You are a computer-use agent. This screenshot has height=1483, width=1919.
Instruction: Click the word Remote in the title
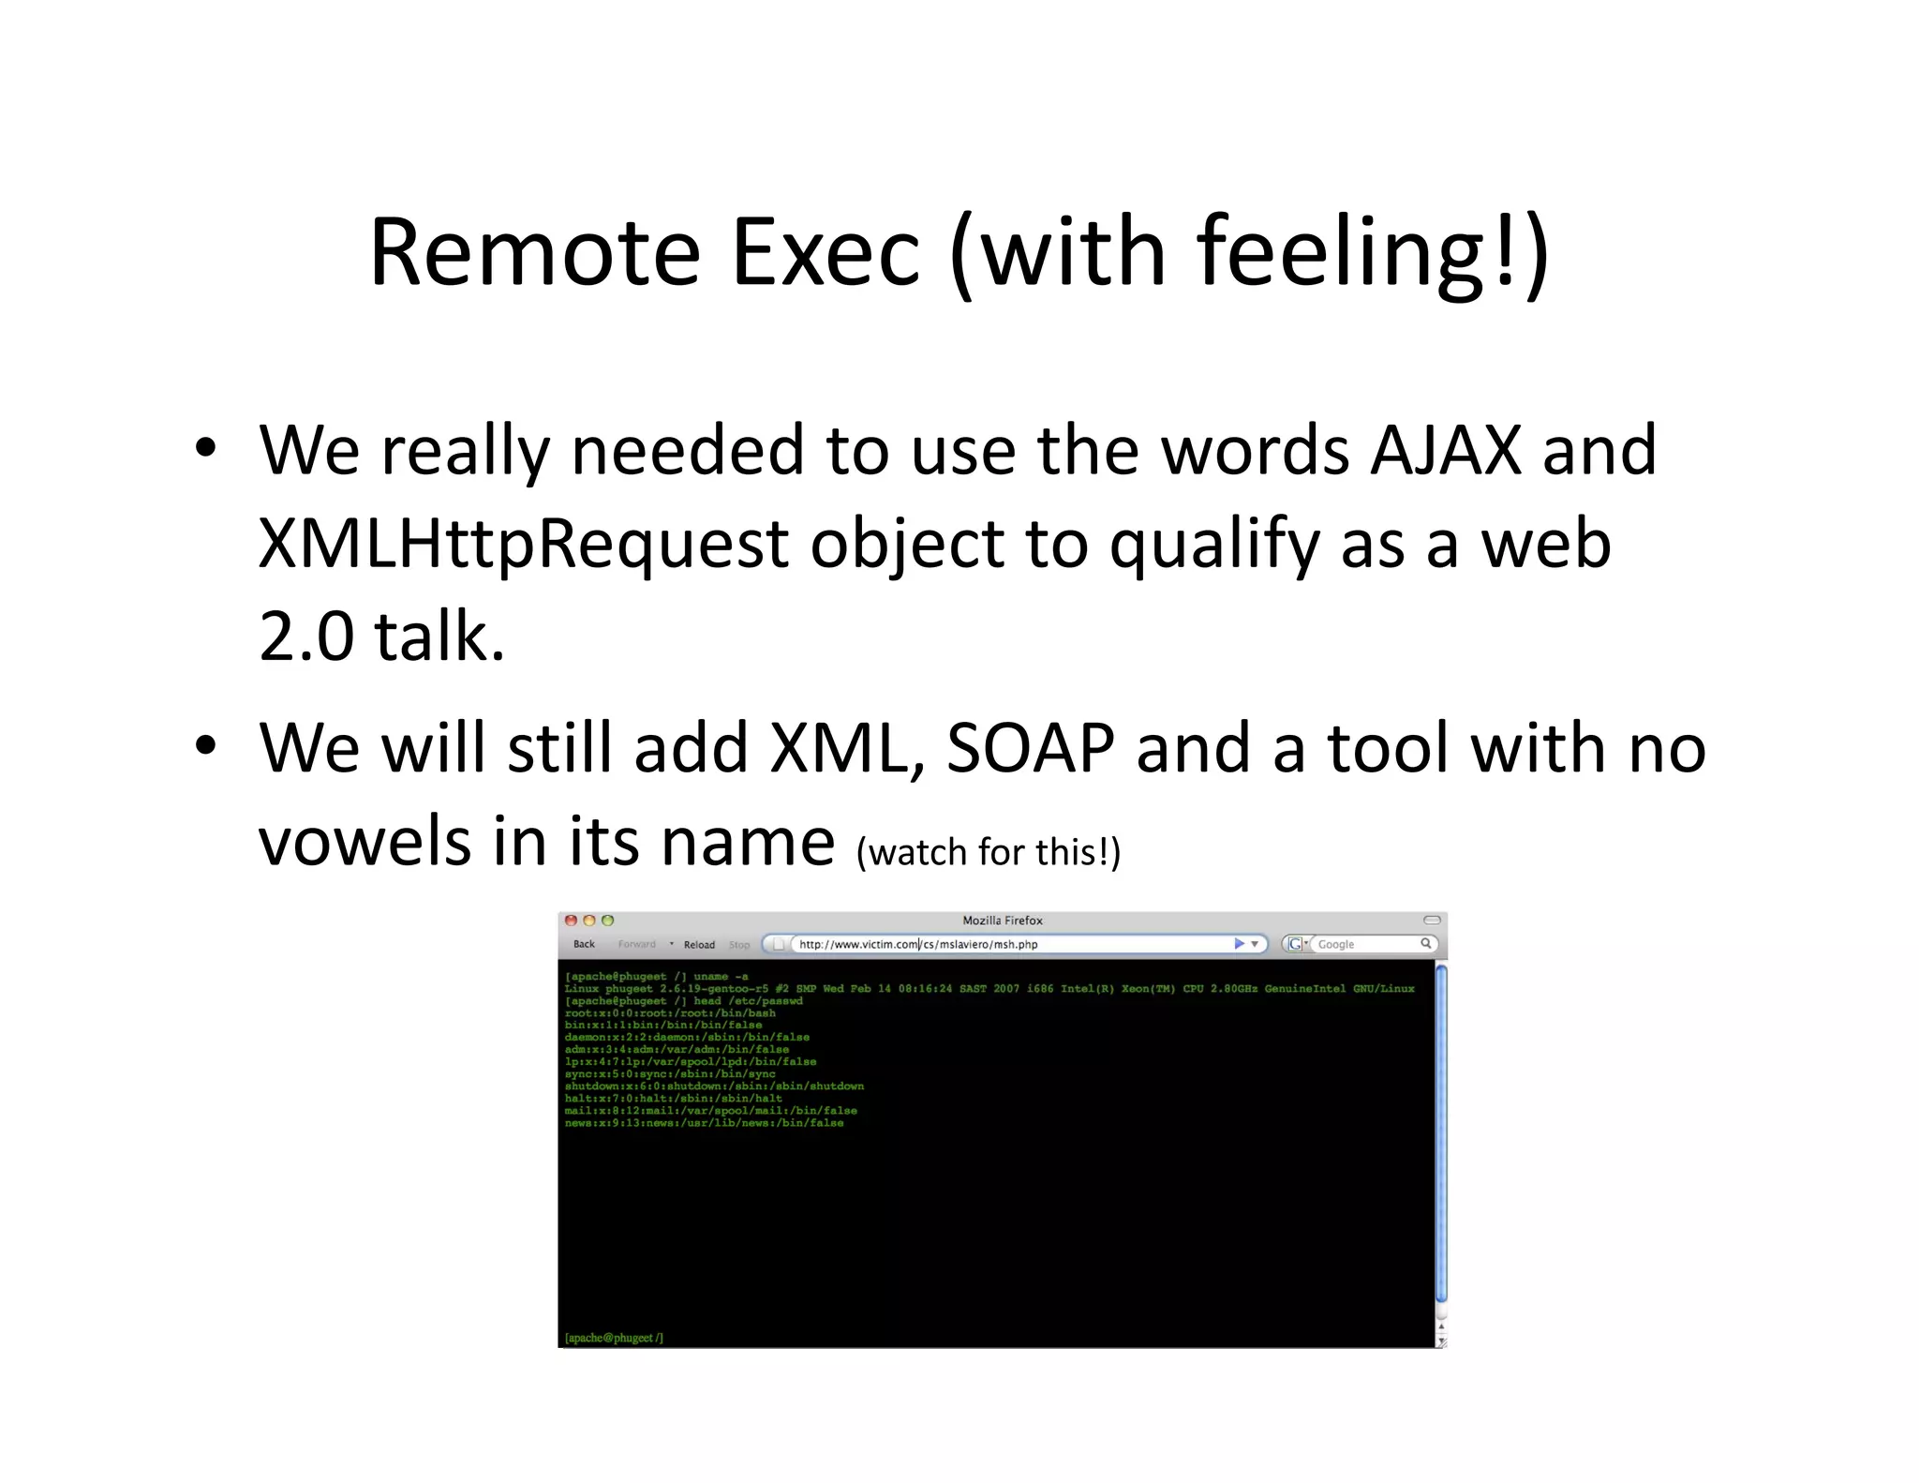point(534,252)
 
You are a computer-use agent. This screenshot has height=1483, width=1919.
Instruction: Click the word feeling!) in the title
point(1372,252)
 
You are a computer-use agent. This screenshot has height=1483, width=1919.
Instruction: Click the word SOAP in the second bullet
point(1030,748)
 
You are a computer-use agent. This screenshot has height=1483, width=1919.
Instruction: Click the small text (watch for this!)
point(988,852)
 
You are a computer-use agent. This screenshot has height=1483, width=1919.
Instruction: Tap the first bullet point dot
point(206,448)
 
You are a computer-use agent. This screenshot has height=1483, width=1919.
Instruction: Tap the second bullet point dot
point(206,746)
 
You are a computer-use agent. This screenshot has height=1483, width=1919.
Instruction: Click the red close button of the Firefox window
point(571,921)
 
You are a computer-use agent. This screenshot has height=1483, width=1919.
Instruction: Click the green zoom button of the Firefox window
point(607,921)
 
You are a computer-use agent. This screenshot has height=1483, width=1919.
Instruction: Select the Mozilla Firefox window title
point(1002,921)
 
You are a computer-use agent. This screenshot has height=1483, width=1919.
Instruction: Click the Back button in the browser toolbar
point(584,944)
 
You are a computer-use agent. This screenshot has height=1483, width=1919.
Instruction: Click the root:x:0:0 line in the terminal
point(669,1012)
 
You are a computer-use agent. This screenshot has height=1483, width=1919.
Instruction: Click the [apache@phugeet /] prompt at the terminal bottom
point(614,1338)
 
